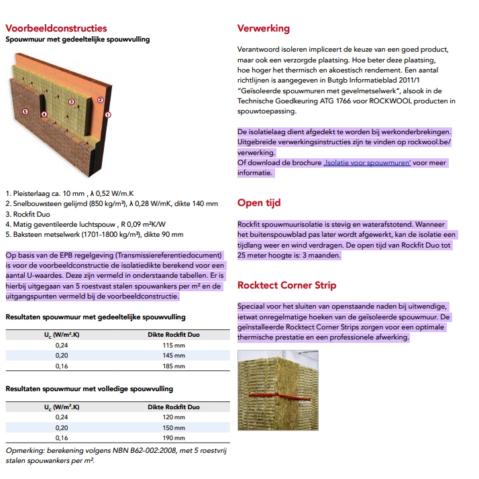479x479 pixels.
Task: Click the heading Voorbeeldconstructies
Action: tap(56, 28)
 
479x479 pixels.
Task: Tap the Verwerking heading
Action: tap(264, 28)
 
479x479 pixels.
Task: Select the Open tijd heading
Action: tap(259, 203)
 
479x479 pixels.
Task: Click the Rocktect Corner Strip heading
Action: tap(287, 285)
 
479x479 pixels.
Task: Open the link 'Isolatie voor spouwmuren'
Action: tap(367, 163)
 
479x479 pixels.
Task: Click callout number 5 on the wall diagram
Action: tap(25, 111)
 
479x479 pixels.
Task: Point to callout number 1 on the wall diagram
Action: tap(109, 115)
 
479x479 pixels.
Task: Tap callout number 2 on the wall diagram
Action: tap(100, 99)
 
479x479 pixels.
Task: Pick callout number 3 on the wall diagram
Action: tap(71, 102)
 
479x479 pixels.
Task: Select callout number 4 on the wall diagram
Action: tap(44, 114)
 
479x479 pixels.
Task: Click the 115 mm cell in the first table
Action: tap(174, 345)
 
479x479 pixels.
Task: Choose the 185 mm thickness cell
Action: tap(174, 366)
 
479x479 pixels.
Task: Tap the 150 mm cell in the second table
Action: tap(174, 427)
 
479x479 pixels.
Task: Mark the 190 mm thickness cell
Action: tap(174, 438)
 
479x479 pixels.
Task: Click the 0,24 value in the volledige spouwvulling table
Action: tap(61, 417)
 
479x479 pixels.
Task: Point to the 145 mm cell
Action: tap(174, 356)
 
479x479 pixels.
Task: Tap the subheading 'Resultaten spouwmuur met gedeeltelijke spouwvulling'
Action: tap(96, 317)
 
